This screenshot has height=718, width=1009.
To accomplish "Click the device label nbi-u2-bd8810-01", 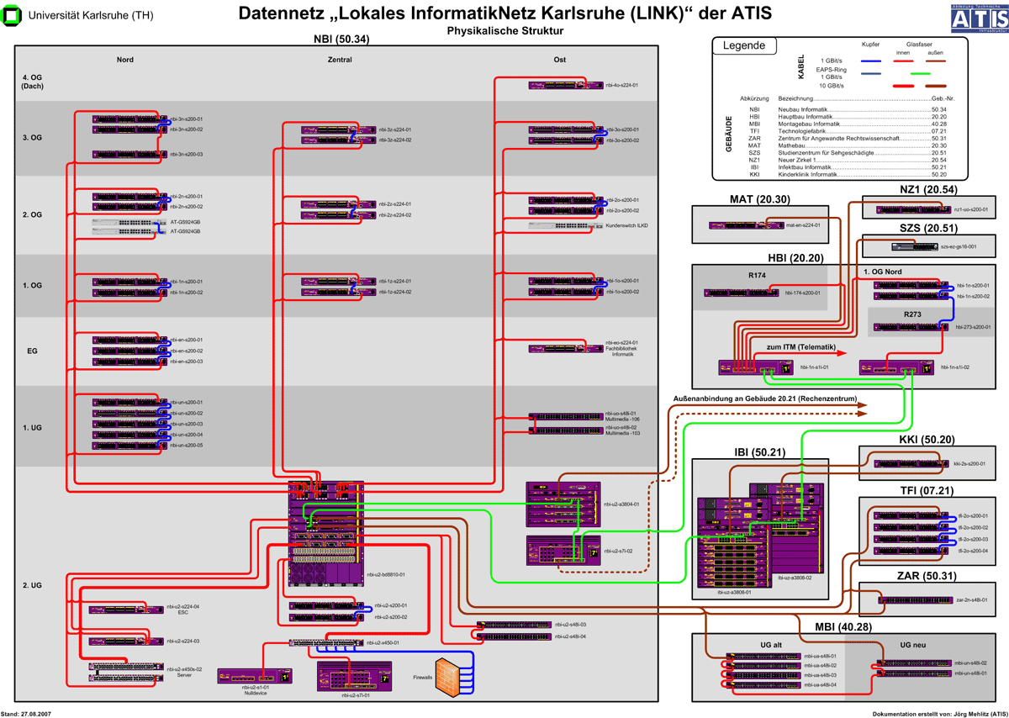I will [x=387, y=575].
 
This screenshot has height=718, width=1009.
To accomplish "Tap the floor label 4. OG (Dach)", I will [x=33, y=82].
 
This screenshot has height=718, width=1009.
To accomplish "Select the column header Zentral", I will [x=340, y=60].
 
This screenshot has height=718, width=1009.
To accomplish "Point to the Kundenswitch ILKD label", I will [x=626, y=226].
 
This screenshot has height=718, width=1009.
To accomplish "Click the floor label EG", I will [x=32, y=351].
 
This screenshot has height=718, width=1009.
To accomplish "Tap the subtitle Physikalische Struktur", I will [x=504, y=30].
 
